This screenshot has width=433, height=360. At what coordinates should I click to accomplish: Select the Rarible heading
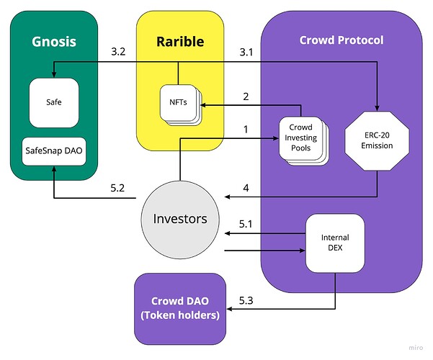pyautogui.click(x=180, y=41)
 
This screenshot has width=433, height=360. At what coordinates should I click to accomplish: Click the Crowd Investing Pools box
pyautogui.click(x=301, y=137)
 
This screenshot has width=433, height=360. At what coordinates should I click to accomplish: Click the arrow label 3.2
pyautogui.click(x=119, y=52)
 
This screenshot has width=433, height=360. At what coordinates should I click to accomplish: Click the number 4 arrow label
pyautogui.click(x=246, y=189)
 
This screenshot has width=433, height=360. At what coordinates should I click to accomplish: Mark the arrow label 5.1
pyautogui.click(x=246, y=223)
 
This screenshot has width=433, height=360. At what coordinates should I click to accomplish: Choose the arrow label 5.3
pyautogui.click(x=246, y=298)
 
